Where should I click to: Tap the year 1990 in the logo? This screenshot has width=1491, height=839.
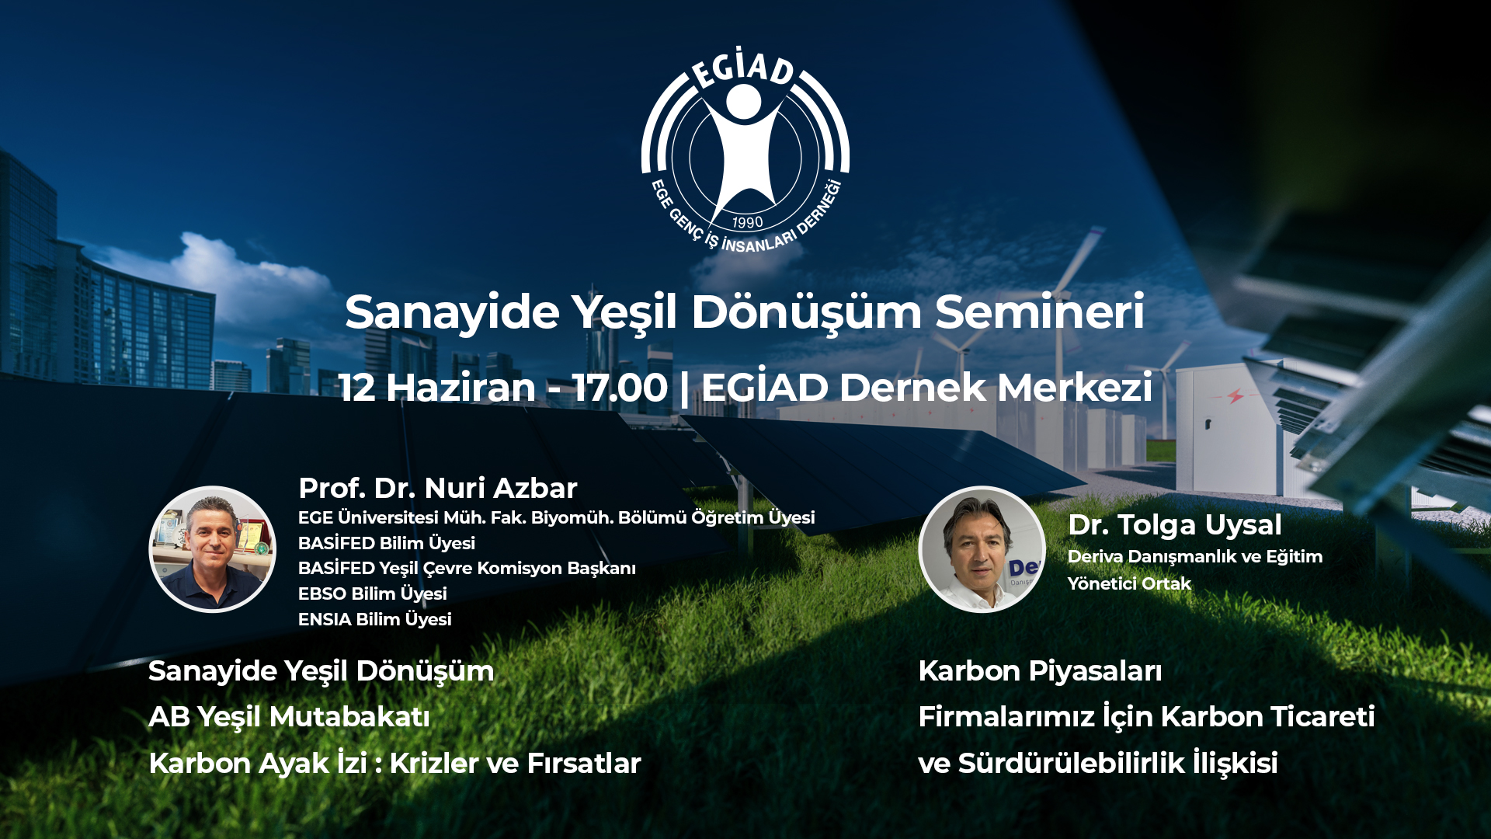point(747,222)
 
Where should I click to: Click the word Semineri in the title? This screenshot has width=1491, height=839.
point(1040,312)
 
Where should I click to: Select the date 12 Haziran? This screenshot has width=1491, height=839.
point(437,387)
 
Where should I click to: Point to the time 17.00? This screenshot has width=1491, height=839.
point(620,387)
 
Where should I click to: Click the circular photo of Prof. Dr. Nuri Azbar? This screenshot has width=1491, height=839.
point(212,549)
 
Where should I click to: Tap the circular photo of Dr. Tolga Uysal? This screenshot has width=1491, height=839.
point(982,549)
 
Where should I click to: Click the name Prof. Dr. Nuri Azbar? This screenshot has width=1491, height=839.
point(438,488)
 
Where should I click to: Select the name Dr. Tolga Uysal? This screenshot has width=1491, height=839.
point(1175,524)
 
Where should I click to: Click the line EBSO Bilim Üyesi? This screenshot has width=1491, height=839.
point(373,594)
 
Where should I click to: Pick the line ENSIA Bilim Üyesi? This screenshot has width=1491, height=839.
point(375,619)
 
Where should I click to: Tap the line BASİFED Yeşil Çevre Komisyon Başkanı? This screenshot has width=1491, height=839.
point(467,568)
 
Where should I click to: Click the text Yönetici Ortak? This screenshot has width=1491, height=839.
point(1129,583)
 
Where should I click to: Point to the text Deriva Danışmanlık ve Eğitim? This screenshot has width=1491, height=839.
point(1195,556)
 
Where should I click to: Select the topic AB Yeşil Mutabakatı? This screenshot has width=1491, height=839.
point(289,716)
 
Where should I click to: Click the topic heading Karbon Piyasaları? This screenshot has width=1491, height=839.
point(1040,670)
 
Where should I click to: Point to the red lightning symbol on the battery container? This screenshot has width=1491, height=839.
point(1235,396)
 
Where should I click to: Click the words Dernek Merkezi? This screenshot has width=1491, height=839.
point(996,387)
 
